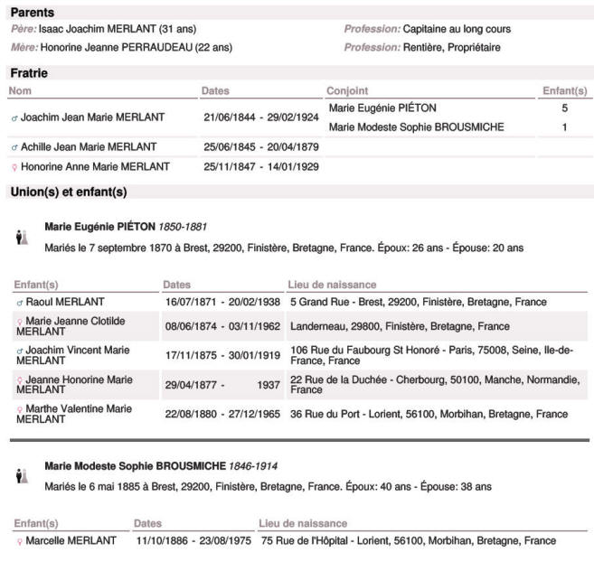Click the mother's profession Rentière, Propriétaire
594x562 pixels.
coord(451,47)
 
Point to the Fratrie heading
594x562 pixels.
coord(29,72)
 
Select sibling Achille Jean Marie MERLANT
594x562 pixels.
coord(88,146)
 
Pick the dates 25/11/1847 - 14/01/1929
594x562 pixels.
coord(261,166)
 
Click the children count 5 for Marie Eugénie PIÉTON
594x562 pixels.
coord(564,108)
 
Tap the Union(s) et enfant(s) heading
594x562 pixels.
coord(69,192)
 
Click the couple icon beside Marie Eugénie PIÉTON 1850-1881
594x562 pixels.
coord(23,237)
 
